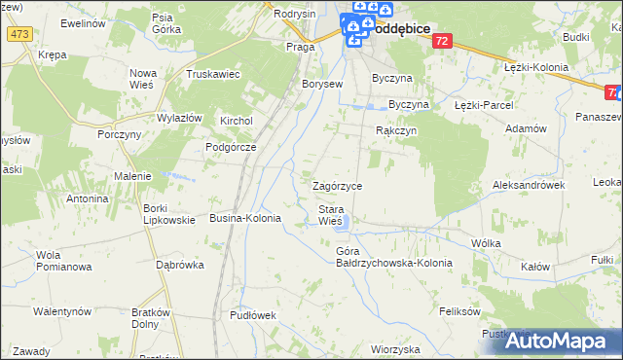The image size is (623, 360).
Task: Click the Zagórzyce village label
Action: click(x=337, y=186)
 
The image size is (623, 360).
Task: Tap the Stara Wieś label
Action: click(x=331, y=215)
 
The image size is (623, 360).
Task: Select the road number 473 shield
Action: click(x=18, y=34)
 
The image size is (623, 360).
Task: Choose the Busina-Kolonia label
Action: click(x=245, y=219)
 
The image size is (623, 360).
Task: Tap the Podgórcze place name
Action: click(x=230, y=147)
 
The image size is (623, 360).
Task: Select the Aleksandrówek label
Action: click(x=530, y=184)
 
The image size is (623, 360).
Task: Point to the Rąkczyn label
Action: click(x=396, y=129)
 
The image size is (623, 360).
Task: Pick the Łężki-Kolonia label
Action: click(x=536, y=66)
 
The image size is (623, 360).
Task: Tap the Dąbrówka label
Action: click(x=179, y=264)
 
